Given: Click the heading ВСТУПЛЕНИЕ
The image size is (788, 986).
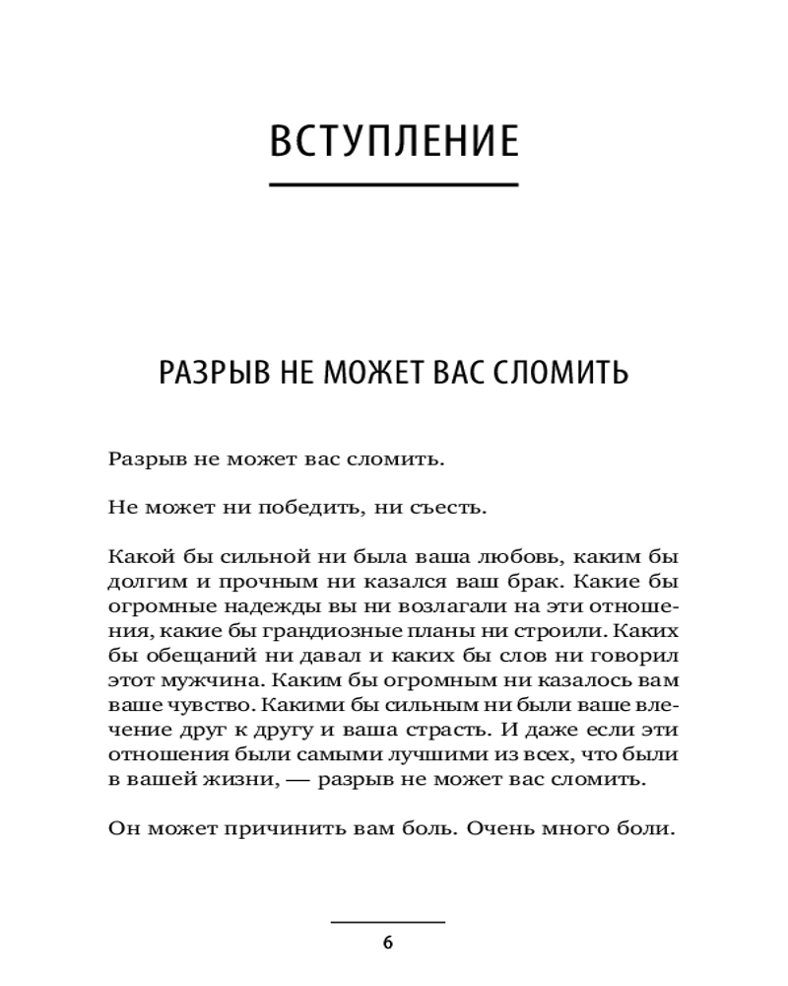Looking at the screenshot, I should pos(394,141).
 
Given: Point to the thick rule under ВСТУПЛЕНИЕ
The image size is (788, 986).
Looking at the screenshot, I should pos(394,184).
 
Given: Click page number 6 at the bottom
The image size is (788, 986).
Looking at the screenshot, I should pos(387,943).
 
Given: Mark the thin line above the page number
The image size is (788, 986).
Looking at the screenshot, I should pos(387,922).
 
